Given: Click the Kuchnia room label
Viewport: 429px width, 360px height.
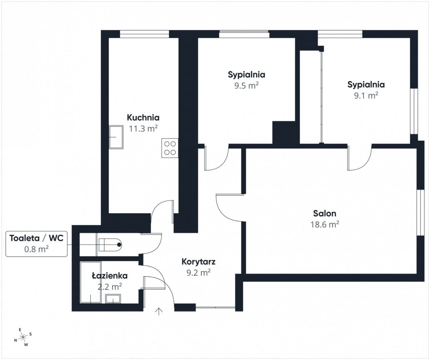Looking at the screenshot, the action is pos(143,118).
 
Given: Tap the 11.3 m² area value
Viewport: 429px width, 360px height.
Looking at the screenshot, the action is pos(143,128).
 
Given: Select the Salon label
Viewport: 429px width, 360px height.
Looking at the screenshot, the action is pos(325,213).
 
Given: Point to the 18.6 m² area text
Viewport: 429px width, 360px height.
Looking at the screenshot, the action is pos(325,225).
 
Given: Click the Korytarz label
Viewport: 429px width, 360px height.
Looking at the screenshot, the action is pos(198,262).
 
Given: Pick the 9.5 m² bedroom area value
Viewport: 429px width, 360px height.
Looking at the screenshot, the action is pos(246,85).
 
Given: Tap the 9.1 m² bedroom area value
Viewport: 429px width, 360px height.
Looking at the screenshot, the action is pos(366,95).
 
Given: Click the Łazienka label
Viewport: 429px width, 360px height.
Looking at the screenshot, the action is pos(110,276).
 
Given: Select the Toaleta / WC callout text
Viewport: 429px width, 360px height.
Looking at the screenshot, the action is pos(36,238).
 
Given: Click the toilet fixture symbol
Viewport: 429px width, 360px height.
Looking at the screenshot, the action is pos(110,245).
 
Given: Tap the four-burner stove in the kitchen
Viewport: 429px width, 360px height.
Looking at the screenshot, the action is pos(170,148).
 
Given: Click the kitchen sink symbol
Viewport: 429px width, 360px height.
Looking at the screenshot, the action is pos(116,137).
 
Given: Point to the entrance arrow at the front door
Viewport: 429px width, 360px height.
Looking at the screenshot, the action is pos(159,311).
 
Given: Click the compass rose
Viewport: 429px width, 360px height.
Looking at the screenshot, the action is pos(23,337).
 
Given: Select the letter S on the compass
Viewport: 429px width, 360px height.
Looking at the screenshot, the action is pos(30,334).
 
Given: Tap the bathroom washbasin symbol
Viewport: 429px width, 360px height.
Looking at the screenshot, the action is pos(113,299).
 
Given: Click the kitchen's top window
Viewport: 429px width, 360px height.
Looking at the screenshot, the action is pos(144,34).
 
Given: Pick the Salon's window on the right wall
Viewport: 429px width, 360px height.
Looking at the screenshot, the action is pos(420,212).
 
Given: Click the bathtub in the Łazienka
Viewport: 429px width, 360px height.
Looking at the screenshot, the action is pos(90,282).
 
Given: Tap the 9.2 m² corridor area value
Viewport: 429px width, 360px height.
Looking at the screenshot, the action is pos(198,273).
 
